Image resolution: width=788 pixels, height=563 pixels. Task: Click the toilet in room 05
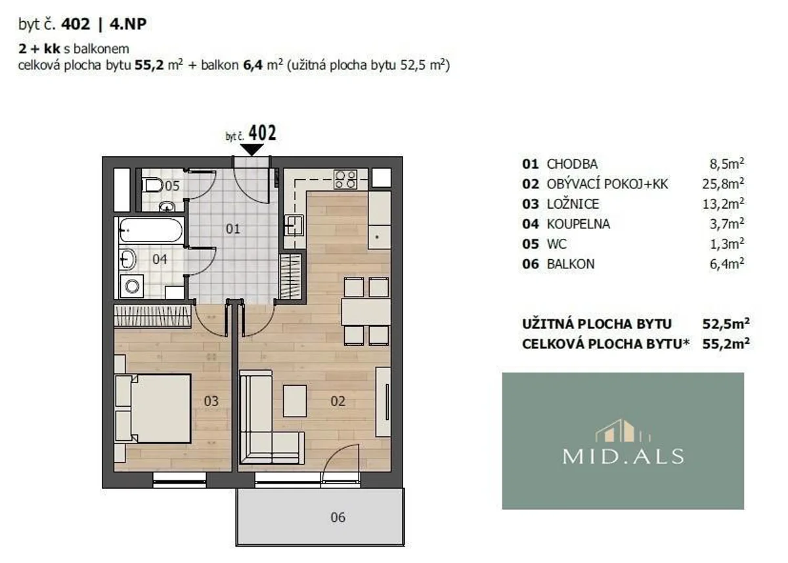pos(154,185)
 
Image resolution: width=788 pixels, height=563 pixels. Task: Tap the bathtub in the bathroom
pos(150,230)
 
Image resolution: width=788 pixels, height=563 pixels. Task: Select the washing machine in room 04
pos(131,286)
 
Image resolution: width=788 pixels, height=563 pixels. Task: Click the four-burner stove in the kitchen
pos(345,179)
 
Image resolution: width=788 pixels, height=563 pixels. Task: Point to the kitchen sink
pos(294,225)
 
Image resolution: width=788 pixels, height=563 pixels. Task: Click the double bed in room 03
pos(160,407)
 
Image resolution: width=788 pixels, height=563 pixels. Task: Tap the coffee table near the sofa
pos(294,401)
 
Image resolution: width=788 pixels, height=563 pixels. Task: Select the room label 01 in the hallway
pos(233,229)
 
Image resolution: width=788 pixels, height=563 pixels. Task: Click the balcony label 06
pos(338,517)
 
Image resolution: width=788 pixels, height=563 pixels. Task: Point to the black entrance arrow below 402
pos(252,150)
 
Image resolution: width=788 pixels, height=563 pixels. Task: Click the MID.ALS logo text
pos(623,456)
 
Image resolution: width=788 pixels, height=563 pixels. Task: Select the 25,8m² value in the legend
pos(723,184)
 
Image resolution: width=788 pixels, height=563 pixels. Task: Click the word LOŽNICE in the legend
pos(573,204)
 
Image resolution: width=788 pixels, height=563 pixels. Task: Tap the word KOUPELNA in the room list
pos(579,224)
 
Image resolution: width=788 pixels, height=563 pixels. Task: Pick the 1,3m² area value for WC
pos(727,243)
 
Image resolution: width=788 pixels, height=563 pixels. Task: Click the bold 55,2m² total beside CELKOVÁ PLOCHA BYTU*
pos(726,343)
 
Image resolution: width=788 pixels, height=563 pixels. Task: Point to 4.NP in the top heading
pos(127,24)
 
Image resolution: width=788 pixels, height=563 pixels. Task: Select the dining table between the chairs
pos(366,312)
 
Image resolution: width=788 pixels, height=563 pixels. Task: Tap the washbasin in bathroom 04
pos(127,259)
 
